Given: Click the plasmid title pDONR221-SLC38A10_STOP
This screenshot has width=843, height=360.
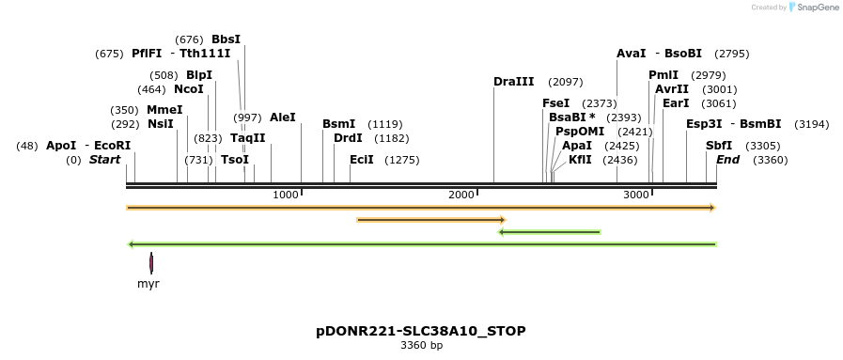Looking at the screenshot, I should pos(420,331).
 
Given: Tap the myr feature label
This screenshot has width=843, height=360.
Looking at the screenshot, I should pos(148,283).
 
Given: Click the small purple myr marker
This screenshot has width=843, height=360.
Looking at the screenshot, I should pos(150,263).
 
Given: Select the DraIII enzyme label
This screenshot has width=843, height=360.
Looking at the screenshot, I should pos(513,82).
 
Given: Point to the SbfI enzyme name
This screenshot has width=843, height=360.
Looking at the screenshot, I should pos(719,146).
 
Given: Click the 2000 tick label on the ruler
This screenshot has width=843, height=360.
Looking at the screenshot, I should pos(461,195).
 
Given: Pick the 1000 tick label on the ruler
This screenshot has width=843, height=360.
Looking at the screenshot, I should pos(285,195).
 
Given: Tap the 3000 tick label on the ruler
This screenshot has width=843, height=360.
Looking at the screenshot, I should pos(636,195).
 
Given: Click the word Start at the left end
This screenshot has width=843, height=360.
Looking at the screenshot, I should pos(104,160).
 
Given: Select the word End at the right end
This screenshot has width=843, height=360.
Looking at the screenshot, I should pos(727,160).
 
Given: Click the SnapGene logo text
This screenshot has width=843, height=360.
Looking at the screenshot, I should pos(815,8).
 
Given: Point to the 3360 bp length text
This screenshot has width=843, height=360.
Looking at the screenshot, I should pos(420,346).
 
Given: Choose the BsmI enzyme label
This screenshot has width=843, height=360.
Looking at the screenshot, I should pos(338,124).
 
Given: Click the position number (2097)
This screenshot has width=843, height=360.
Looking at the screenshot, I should pos(566,82).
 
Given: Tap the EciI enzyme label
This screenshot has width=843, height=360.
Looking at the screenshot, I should pos(362,160).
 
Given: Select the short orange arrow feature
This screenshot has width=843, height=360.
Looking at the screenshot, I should pos(431,220).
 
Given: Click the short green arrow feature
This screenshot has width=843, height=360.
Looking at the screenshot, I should pos(550,231).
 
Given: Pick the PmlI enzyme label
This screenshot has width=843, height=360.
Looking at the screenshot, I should pos(663,75).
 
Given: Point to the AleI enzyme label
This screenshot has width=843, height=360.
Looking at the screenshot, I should pos(283,117).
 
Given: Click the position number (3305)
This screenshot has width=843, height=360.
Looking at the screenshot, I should pos(763,146).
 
